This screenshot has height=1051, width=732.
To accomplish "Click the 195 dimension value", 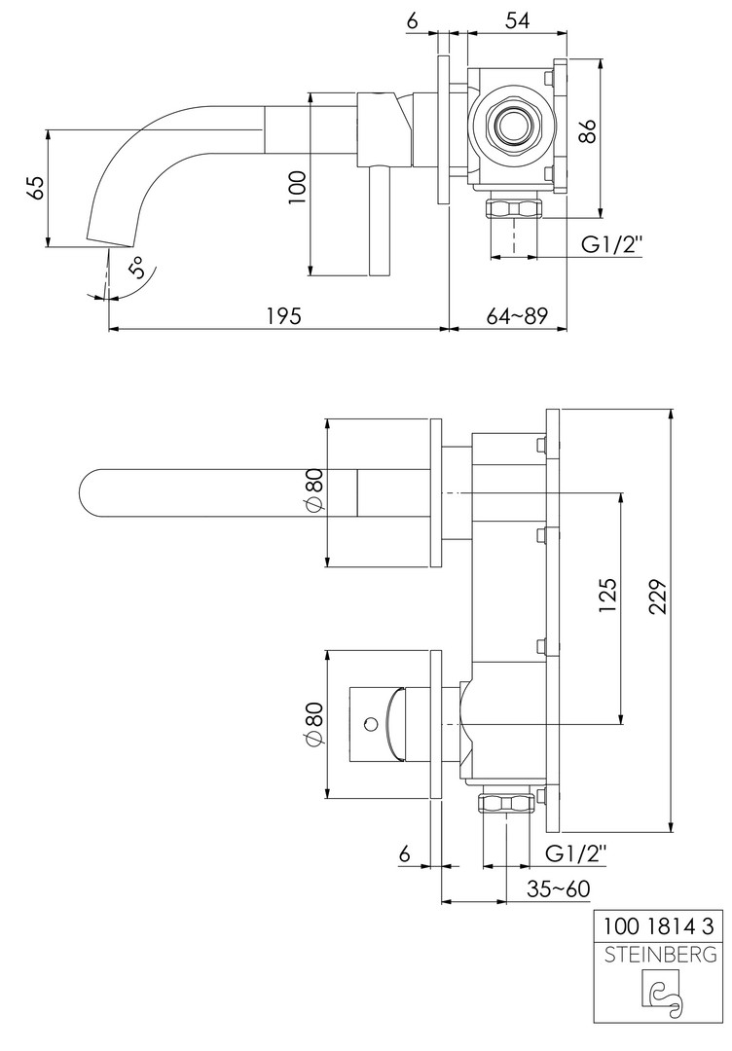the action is [284, 315].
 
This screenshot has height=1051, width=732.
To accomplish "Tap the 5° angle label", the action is [136, 268].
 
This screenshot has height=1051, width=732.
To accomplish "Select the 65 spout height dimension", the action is [36, 188].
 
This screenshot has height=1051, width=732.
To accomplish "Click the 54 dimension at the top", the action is [517, 20].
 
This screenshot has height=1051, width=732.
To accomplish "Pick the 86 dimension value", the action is [587, 130].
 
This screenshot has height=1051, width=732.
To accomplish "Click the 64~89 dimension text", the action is [516, 315].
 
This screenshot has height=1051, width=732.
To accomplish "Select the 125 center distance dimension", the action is [606, 597].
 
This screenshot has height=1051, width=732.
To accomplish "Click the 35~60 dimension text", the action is [558, 888].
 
